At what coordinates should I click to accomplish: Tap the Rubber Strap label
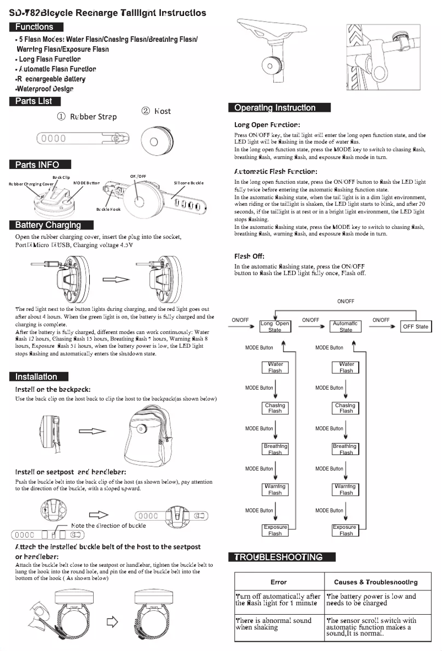87,116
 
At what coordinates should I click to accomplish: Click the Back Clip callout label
61,177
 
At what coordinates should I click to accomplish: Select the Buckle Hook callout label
108,209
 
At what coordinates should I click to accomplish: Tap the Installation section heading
38,376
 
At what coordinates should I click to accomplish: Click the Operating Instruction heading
279,107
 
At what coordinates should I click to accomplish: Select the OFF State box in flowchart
415,326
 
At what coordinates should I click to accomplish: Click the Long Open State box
274,326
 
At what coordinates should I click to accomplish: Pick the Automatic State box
346,326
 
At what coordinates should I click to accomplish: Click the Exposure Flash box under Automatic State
346,530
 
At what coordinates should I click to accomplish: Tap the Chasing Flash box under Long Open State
274,408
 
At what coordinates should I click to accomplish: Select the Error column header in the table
278,582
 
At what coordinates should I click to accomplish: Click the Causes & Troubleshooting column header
375,582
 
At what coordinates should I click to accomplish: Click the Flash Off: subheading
249,256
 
